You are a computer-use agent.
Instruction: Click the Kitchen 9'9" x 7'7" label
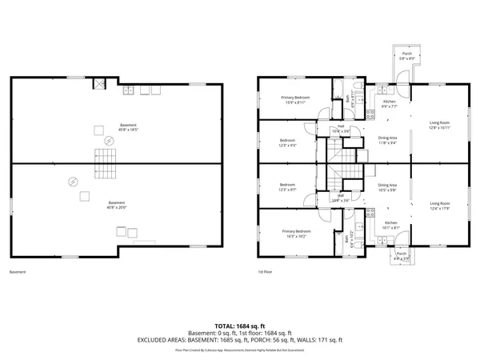pos(389,103)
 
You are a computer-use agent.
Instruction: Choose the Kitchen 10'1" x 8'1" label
pos(390,225)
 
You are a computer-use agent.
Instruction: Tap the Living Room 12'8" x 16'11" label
pos(440,125)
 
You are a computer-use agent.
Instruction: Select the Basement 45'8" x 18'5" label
pos(128,127)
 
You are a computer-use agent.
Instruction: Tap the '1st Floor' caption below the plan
pos(264,272)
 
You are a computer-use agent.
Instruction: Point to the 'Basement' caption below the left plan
pos(18,272)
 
